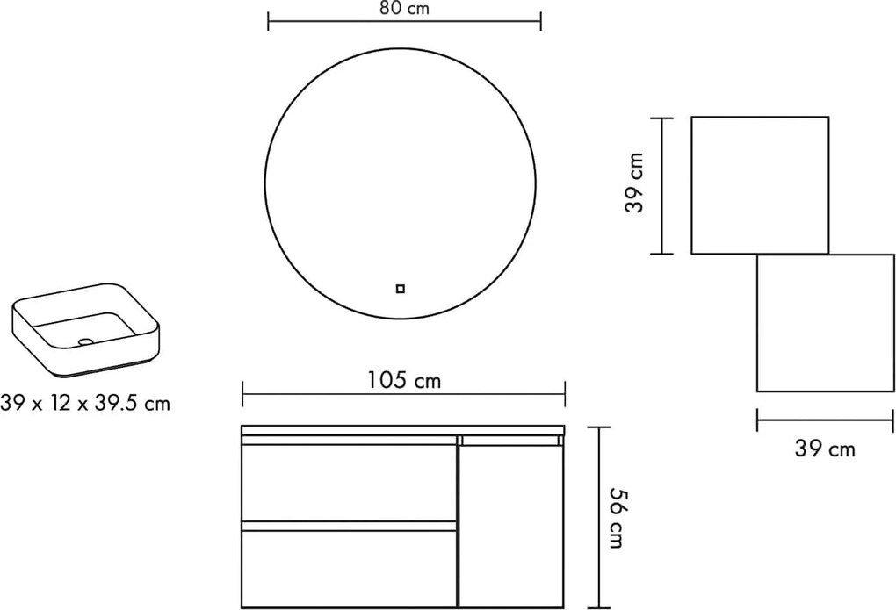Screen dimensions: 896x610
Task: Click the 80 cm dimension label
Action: coord(404,9)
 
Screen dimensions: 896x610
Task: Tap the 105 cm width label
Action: coord(404,380)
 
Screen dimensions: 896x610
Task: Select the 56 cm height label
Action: coord(616,518)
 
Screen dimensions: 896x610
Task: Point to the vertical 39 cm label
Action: coord(635,183)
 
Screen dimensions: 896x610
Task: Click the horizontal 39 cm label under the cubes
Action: coord(825,449)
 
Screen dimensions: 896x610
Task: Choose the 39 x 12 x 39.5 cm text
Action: coord(85,403)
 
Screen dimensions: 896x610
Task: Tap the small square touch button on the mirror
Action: coord(400,289)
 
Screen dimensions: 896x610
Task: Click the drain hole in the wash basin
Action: coord(86,341)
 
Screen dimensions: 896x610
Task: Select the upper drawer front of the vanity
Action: coord(349,483)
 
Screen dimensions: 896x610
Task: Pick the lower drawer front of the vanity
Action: coord(349,569)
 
